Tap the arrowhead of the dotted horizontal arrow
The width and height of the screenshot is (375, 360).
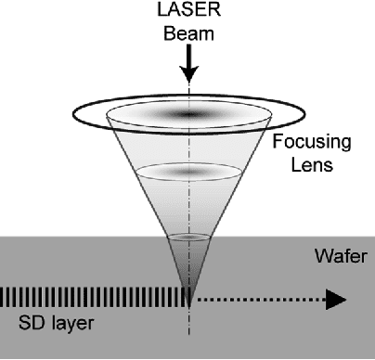coord(336,299)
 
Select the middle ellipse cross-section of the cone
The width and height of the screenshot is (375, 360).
coord(188,172)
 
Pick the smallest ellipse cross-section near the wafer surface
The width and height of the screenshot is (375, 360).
coord(188,238)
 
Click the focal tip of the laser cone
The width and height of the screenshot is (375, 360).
coord(188,302)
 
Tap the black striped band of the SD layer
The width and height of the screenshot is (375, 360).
coord(93,298)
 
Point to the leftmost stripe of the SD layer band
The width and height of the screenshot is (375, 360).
coord(3,298)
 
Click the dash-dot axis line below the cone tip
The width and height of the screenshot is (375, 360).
coord(188,334)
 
